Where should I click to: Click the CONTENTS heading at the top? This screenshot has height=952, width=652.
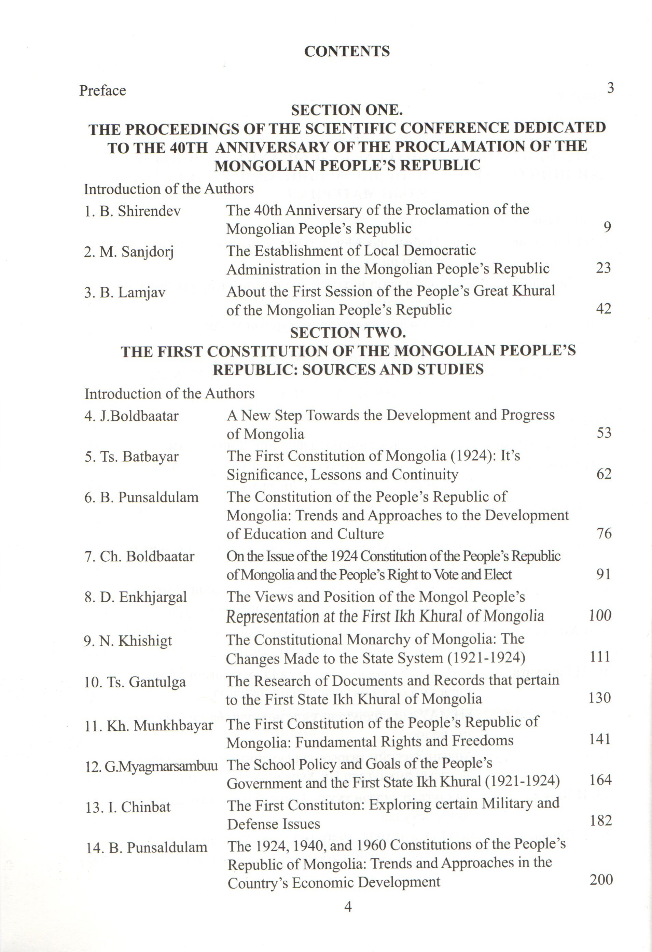click(347, 51)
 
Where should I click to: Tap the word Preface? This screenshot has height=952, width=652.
click(102, 90)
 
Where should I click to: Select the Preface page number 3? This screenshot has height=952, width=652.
click(610, 88)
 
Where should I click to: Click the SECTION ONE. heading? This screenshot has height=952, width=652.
click(347, 110)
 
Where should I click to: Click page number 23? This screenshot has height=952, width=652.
click(603, 268)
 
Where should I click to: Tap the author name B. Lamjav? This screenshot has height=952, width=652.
click(125, 293)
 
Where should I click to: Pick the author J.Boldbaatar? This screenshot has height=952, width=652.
click(131, 416)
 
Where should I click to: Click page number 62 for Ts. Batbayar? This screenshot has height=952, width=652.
click(604, 474)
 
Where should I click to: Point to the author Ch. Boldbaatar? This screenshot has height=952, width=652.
click(139, 556)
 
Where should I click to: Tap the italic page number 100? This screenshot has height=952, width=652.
click(600, 615)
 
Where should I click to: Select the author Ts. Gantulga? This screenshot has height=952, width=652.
click(135, 682)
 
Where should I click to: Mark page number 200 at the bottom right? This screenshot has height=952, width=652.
click(601, 880)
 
